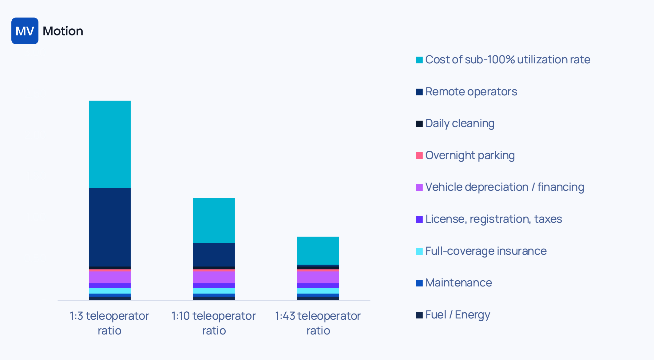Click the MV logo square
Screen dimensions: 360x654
coord(25,31)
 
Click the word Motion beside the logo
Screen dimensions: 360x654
coord(63,31)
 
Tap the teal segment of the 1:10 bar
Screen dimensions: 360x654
coord(214,220)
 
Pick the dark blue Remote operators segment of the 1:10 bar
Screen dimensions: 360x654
coord(214,254)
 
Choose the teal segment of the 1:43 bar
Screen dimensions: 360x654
coord(318,250)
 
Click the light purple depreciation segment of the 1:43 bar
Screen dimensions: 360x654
coord(318,277)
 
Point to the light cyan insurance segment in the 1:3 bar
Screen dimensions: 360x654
coord(109,290)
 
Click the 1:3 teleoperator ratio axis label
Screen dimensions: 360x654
coord(109,323)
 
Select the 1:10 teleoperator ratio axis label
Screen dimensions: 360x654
coord(214,323)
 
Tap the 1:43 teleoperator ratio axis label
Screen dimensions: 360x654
coord(318,323)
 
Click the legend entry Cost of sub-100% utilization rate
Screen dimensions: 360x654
coord(507,60)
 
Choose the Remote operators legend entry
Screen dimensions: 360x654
coord(471,92)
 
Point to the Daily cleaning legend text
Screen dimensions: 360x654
coord(460,123)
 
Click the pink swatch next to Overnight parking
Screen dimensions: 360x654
coord(419,156)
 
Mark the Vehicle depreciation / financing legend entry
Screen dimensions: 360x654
coord(504,187)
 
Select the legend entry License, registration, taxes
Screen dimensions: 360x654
coord(493,219)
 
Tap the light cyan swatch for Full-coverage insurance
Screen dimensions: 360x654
coord(419,251)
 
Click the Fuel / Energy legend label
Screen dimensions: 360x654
coord(458,315)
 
